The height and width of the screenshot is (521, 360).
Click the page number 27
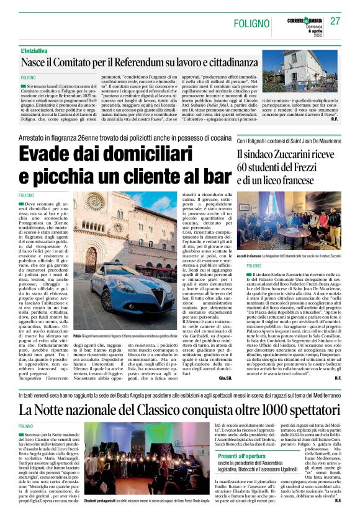(x=335, y=21)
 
